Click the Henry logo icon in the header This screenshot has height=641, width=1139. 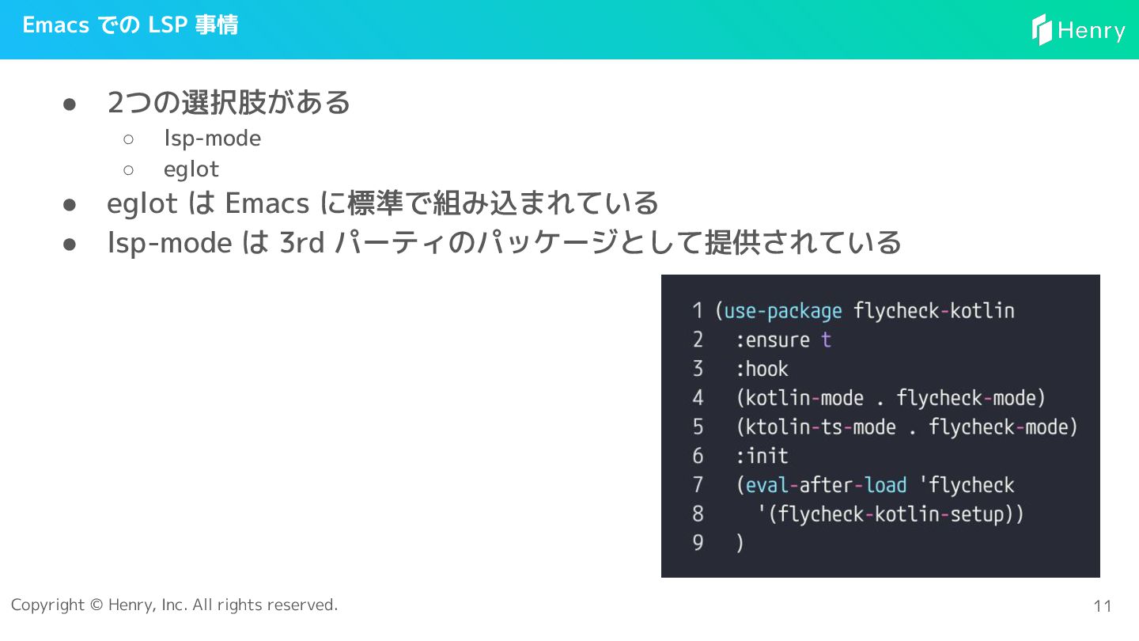1042,29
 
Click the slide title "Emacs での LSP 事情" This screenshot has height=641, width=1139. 131,25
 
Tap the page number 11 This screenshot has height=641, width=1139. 1103,606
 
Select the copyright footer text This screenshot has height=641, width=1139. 174,605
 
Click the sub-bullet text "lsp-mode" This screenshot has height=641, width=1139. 212,138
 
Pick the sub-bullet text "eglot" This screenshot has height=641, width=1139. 191,169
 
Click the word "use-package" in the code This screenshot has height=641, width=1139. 783,311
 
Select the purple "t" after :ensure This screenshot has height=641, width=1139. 826,340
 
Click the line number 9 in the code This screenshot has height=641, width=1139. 698,544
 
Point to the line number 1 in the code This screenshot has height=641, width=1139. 698,311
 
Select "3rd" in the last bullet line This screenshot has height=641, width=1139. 302,242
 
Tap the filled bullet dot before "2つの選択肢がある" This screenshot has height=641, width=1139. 70,104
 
